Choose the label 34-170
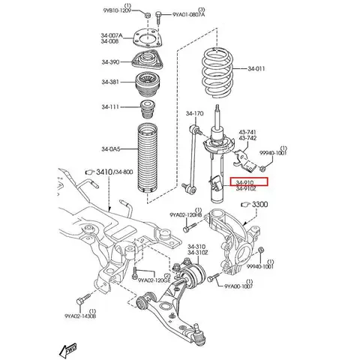(194, 114)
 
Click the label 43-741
(248, 132)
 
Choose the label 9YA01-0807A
(189, 14)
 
